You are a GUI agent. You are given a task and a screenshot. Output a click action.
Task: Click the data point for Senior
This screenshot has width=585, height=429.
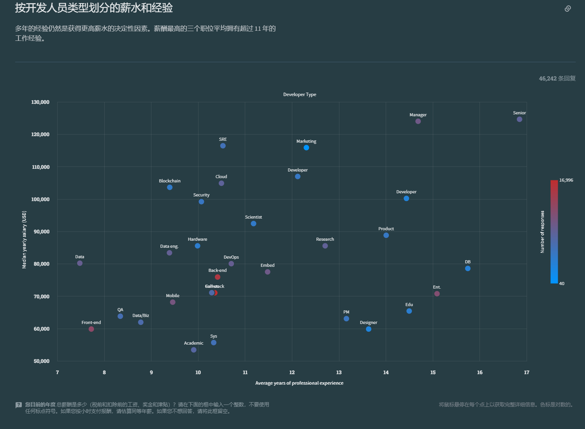[x=519, y=119]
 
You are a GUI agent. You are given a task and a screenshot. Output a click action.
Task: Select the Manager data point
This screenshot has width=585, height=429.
[x=418, y=121]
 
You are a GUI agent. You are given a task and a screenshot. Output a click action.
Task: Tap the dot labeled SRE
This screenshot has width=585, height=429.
[x=223, y=146]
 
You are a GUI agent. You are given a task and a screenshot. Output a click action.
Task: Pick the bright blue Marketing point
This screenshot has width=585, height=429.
[x=306, y=148]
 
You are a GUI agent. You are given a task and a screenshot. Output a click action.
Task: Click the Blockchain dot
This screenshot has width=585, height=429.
[x=170, y=187]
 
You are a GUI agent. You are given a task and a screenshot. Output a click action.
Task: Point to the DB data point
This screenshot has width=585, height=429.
[x=467, y=268]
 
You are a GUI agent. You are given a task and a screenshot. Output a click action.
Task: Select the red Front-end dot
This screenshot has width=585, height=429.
[x=91, y=329]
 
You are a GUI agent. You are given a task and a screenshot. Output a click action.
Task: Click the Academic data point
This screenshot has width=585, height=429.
[x=193, y=350]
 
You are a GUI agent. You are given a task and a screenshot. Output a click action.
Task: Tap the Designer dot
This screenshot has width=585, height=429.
[x=368, y=329]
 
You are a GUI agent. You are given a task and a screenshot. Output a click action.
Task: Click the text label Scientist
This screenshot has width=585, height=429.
[x=253, y=217]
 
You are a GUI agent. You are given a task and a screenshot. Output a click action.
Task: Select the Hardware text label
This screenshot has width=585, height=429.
[x=197, y=239]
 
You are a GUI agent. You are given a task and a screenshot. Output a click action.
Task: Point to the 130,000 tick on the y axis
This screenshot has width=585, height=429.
[x=40, y=102]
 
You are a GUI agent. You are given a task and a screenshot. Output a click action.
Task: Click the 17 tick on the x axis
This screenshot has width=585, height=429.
[x=526, y=373]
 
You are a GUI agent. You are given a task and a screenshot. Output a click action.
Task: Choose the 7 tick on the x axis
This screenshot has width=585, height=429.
[x=58, y=373]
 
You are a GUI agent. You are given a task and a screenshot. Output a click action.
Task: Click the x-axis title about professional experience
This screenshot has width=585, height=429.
[x=299, y=383]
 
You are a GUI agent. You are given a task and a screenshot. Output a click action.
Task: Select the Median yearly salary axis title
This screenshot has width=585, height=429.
[x=25, y=240]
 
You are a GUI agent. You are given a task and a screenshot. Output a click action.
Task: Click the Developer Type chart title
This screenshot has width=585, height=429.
[x=299, y=95]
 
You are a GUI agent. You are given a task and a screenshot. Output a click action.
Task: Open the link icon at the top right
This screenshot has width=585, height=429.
[x=567, y=9]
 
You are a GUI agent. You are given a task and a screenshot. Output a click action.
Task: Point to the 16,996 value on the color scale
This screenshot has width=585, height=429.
[x=566, y=180]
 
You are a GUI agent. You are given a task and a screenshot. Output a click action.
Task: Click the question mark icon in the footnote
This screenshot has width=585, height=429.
[x=19, y=405]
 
